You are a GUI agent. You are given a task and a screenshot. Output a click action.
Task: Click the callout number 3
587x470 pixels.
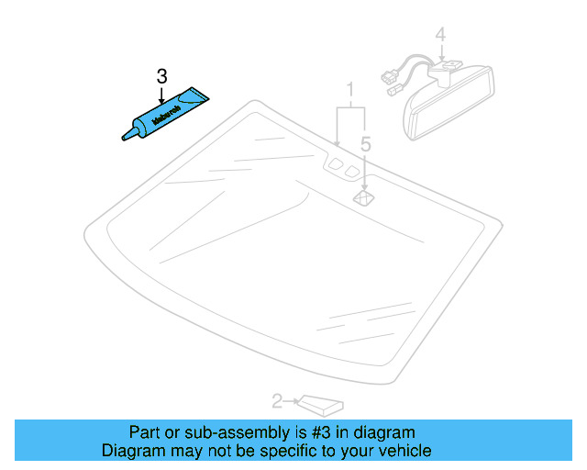pyautogui.click(x=161, y=75)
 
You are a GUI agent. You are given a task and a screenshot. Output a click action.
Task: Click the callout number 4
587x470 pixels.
pyautogui.click(x=441, y=35)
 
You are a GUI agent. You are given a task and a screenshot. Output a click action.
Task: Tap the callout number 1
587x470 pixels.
pyautogui.click(x=349, y=89)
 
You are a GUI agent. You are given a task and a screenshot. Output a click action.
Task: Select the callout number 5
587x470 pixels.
pyautogui.click(x=365, y=144)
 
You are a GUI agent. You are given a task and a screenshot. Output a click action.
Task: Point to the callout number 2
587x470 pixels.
pyautogui.click(x=278, y=400)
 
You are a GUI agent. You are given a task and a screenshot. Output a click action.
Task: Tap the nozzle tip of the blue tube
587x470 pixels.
pyautogui.click(x=125, y=139)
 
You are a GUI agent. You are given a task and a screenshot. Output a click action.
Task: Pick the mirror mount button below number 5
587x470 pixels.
pyautogui.click(x=364, y=196)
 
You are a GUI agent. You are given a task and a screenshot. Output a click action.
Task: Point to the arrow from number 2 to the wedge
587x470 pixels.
pyautogui.click(x=292, y=400)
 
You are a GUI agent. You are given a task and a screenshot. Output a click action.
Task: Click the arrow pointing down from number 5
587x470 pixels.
pyautogui.click(x=365, y=170)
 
